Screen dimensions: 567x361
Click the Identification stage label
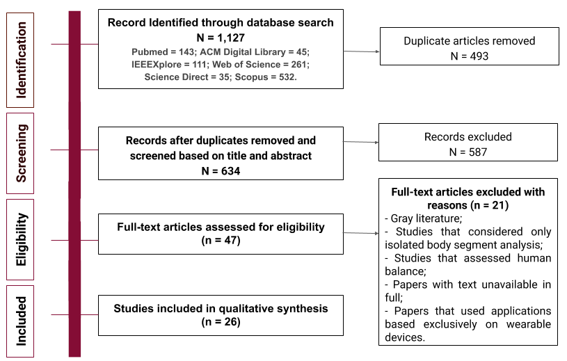pyautogui.click(x=21, y=60)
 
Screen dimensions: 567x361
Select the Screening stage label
pyautogui.click(x=21, y=153)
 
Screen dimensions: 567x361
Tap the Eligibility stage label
pyautogui.click(x=21, y=239)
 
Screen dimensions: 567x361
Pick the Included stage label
pyautogui.click(x=21, y=321)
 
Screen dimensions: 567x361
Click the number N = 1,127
pyautogui.click(x=221, y=38)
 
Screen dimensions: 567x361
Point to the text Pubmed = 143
pyautogui.click(x=163, y=52)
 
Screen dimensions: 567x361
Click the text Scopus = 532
pyautogui.click(x=266, y=77)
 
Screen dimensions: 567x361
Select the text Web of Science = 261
pyautogui.click(x=261, y=64)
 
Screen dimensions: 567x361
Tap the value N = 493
pyautogui.click(x=470, y=56)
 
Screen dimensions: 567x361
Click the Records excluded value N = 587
pyautogui.click(x=468, y=152)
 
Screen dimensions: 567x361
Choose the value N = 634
pyautogui.click(x=221, y=171)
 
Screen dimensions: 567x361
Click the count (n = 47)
pyautogui.click(x=221, y=240)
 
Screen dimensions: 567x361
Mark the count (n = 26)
pyautogui.click(x=221, y=322)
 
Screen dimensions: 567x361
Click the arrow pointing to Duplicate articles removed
pyautogui.click(x=361, y=51)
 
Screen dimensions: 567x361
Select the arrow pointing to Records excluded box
pyautogui.click(x=361, y=142)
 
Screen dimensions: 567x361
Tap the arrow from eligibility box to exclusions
pyautogui.click(x=361, y=233)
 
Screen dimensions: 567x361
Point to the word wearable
pyautogui.click(x=528, y=324)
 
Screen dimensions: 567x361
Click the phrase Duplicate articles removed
pyautogui.click(x=470, y=41)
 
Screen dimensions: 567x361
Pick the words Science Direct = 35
pyautogui.click(x=186, y=77)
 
